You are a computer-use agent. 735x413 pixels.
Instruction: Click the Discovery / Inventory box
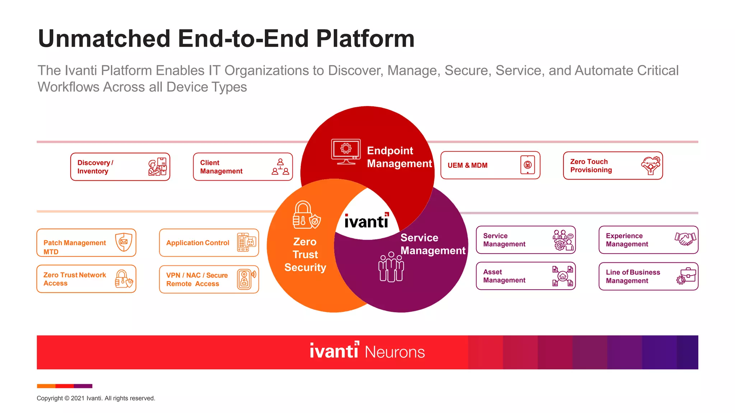(120, 167)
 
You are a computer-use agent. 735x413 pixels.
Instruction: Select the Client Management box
(243, 167)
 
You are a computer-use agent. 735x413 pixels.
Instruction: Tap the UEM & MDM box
(490, 165)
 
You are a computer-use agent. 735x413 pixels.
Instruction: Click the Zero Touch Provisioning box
(613, 166)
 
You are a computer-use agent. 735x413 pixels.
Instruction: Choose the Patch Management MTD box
(86, 243)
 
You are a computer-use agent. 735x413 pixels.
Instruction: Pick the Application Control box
(209, 243)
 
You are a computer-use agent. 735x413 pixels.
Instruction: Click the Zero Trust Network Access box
(86, 279)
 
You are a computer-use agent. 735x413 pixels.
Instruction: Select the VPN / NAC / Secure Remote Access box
(209, 279)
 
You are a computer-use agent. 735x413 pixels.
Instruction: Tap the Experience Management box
(648, 240)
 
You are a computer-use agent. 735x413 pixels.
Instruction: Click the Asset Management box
(525, 276)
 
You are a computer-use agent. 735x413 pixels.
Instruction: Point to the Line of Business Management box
(648, 276)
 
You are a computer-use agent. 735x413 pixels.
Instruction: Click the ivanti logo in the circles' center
(366, 221)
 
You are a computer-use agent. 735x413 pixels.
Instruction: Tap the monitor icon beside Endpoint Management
(346, 152)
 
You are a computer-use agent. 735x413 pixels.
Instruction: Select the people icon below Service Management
(391, 267)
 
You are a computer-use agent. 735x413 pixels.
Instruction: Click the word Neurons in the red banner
(395, 352)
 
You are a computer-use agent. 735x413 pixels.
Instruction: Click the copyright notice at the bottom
(96, 398)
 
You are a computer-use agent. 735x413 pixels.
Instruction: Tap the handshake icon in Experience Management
(685, 238)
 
